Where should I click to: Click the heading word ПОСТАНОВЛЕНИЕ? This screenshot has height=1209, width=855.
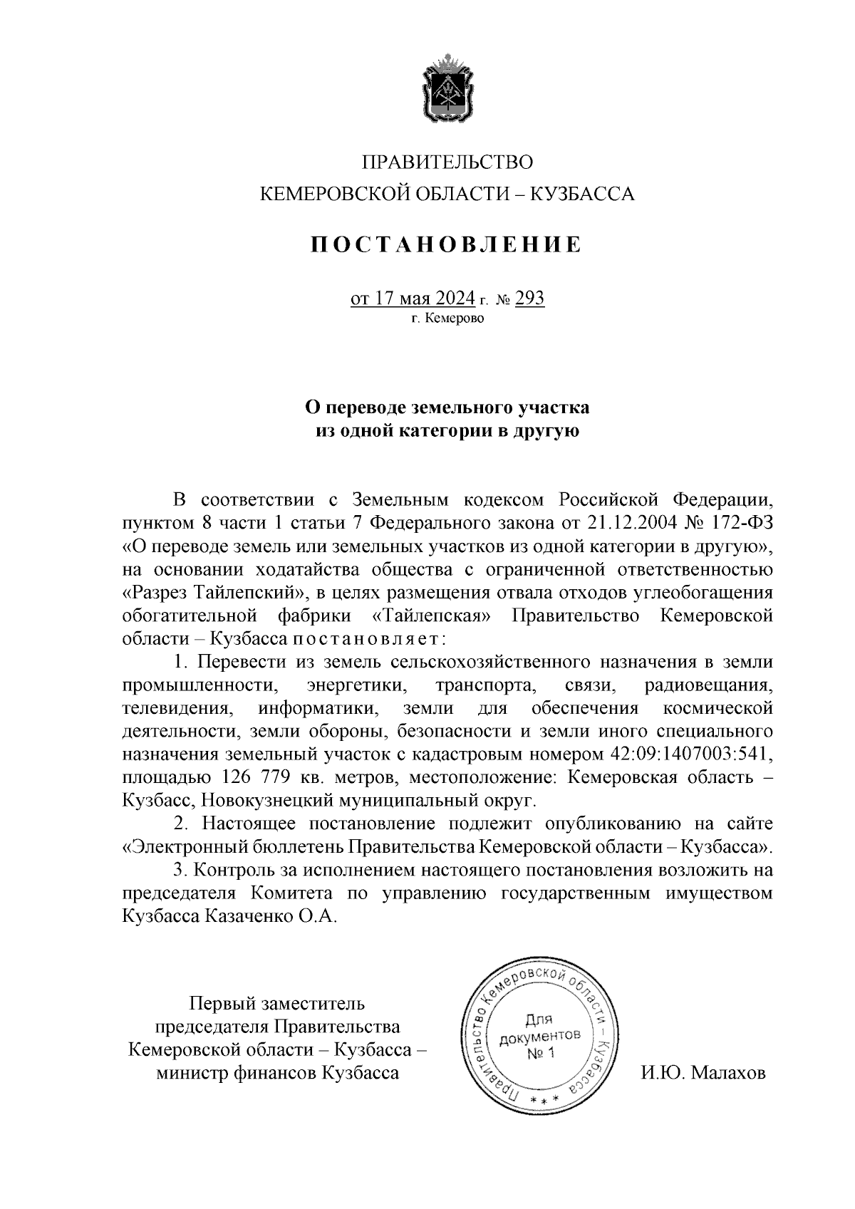click(447, 245)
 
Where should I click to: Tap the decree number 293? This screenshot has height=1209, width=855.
click(529, 298)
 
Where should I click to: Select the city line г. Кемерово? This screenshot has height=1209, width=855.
click(447, 318)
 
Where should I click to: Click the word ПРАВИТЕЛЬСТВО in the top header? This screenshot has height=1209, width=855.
click(447, 163)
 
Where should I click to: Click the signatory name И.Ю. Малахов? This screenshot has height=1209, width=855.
click(703, 1072)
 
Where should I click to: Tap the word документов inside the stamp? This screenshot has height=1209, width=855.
click(540, 1036)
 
